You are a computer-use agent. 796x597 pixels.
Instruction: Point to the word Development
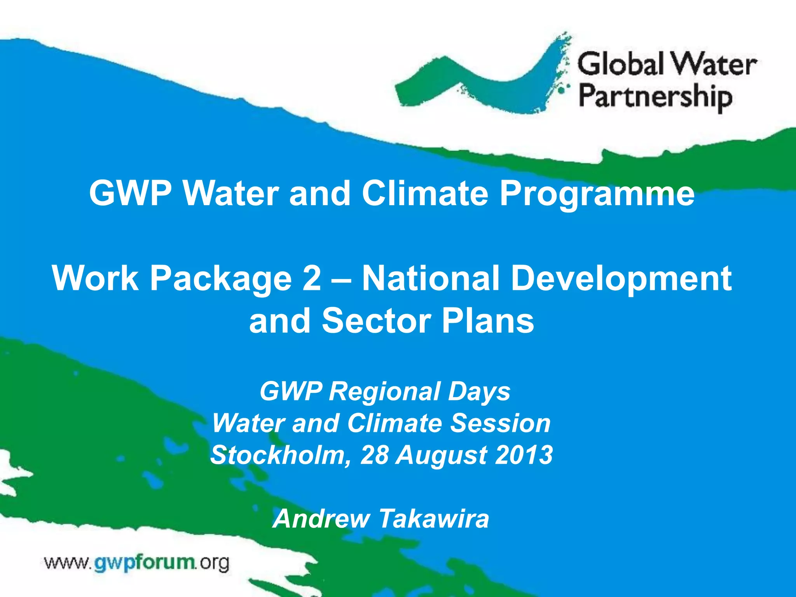pos(621,279)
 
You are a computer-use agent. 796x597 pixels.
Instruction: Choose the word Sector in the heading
pos(376,321)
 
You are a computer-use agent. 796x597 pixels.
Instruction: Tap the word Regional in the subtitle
pos(385,391)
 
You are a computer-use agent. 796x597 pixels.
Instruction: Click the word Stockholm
pos(278,455)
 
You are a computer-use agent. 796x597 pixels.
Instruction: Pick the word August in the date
pos(441,456)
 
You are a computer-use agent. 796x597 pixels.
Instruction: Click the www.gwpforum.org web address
pos(137,562)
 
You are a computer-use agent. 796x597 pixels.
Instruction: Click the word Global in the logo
pos(620,64)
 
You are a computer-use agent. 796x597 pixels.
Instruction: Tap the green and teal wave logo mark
pos(482,78)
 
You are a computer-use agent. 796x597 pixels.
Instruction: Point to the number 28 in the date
pos(374,455)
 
